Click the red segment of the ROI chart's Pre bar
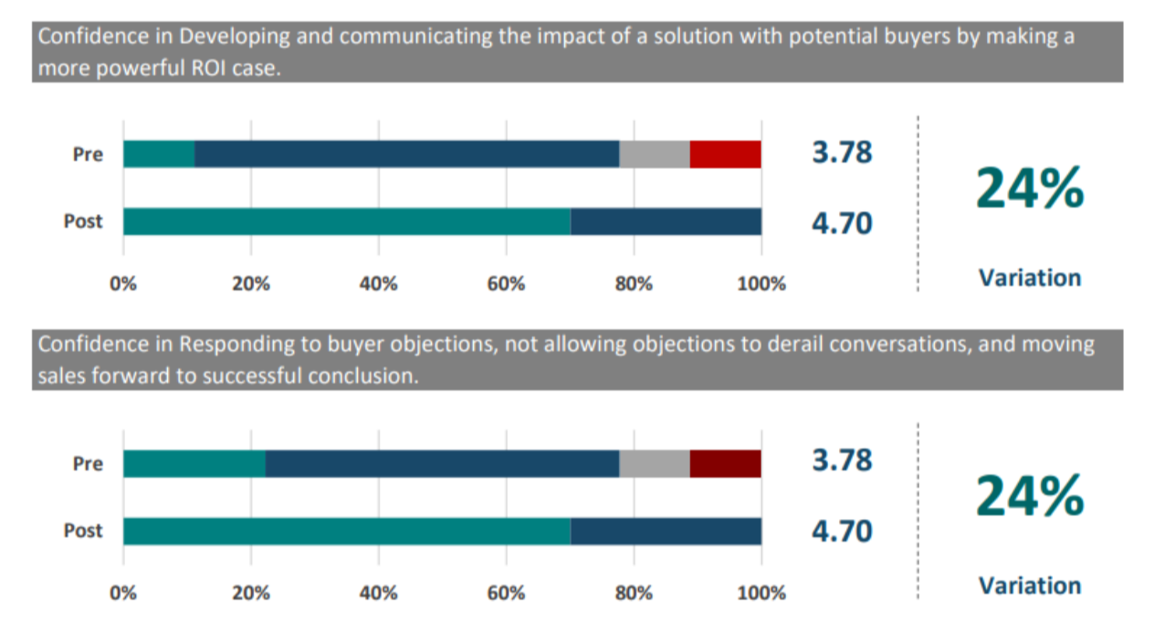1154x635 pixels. pyautogui.click(x=725, y=153)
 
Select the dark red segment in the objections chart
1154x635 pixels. pyautogui.click(x=725, y=463)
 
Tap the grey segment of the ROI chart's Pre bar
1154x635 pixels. pyautogui.click(x=655, y=153)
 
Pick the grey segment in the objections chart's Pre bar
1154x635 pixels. pyautogui.click(x=655, y=463)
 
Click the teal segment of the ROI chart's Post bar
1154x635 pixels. pyautogui.click(x=347, y=221)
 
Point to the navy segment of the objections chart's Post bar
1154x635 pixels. pyautogui.click(x=666, y=531)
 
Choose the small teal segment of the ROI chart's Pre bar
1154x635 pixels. pyautogui.click(x=159, y=153)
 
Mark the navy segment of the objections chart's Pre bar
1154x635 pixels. pyautogui.click(x=442, y=463)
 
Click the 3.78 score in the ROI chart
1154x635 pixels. pyautogui.click(x=842, y=153)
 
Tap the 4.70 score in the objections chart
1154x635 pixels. pyautogui.click(x=842, y=531)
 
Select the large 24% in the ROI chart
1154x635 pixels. pyautogui.click(x=1030, y=189)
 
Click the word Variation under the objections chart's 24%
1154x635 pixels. pyautogui.click(x=1030, y=586)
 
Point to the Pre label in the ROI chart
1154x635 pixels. pyautogui.click(x=88, y=154)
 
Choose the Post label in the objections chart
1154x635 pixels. pyautogui.click(x=83, y=531)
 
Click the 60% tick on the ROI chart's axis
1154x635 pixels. pyautogui.click(x=506, y=284)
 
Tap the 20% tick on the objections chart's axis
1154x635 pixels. pyautogui.click(x=251, y=594)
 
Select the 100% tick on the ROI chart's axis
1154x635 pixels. pyautogui.click(x=761, y=284)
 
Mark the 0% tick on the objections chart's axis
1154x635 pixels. pyautogui.click(x=123, y=594)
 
